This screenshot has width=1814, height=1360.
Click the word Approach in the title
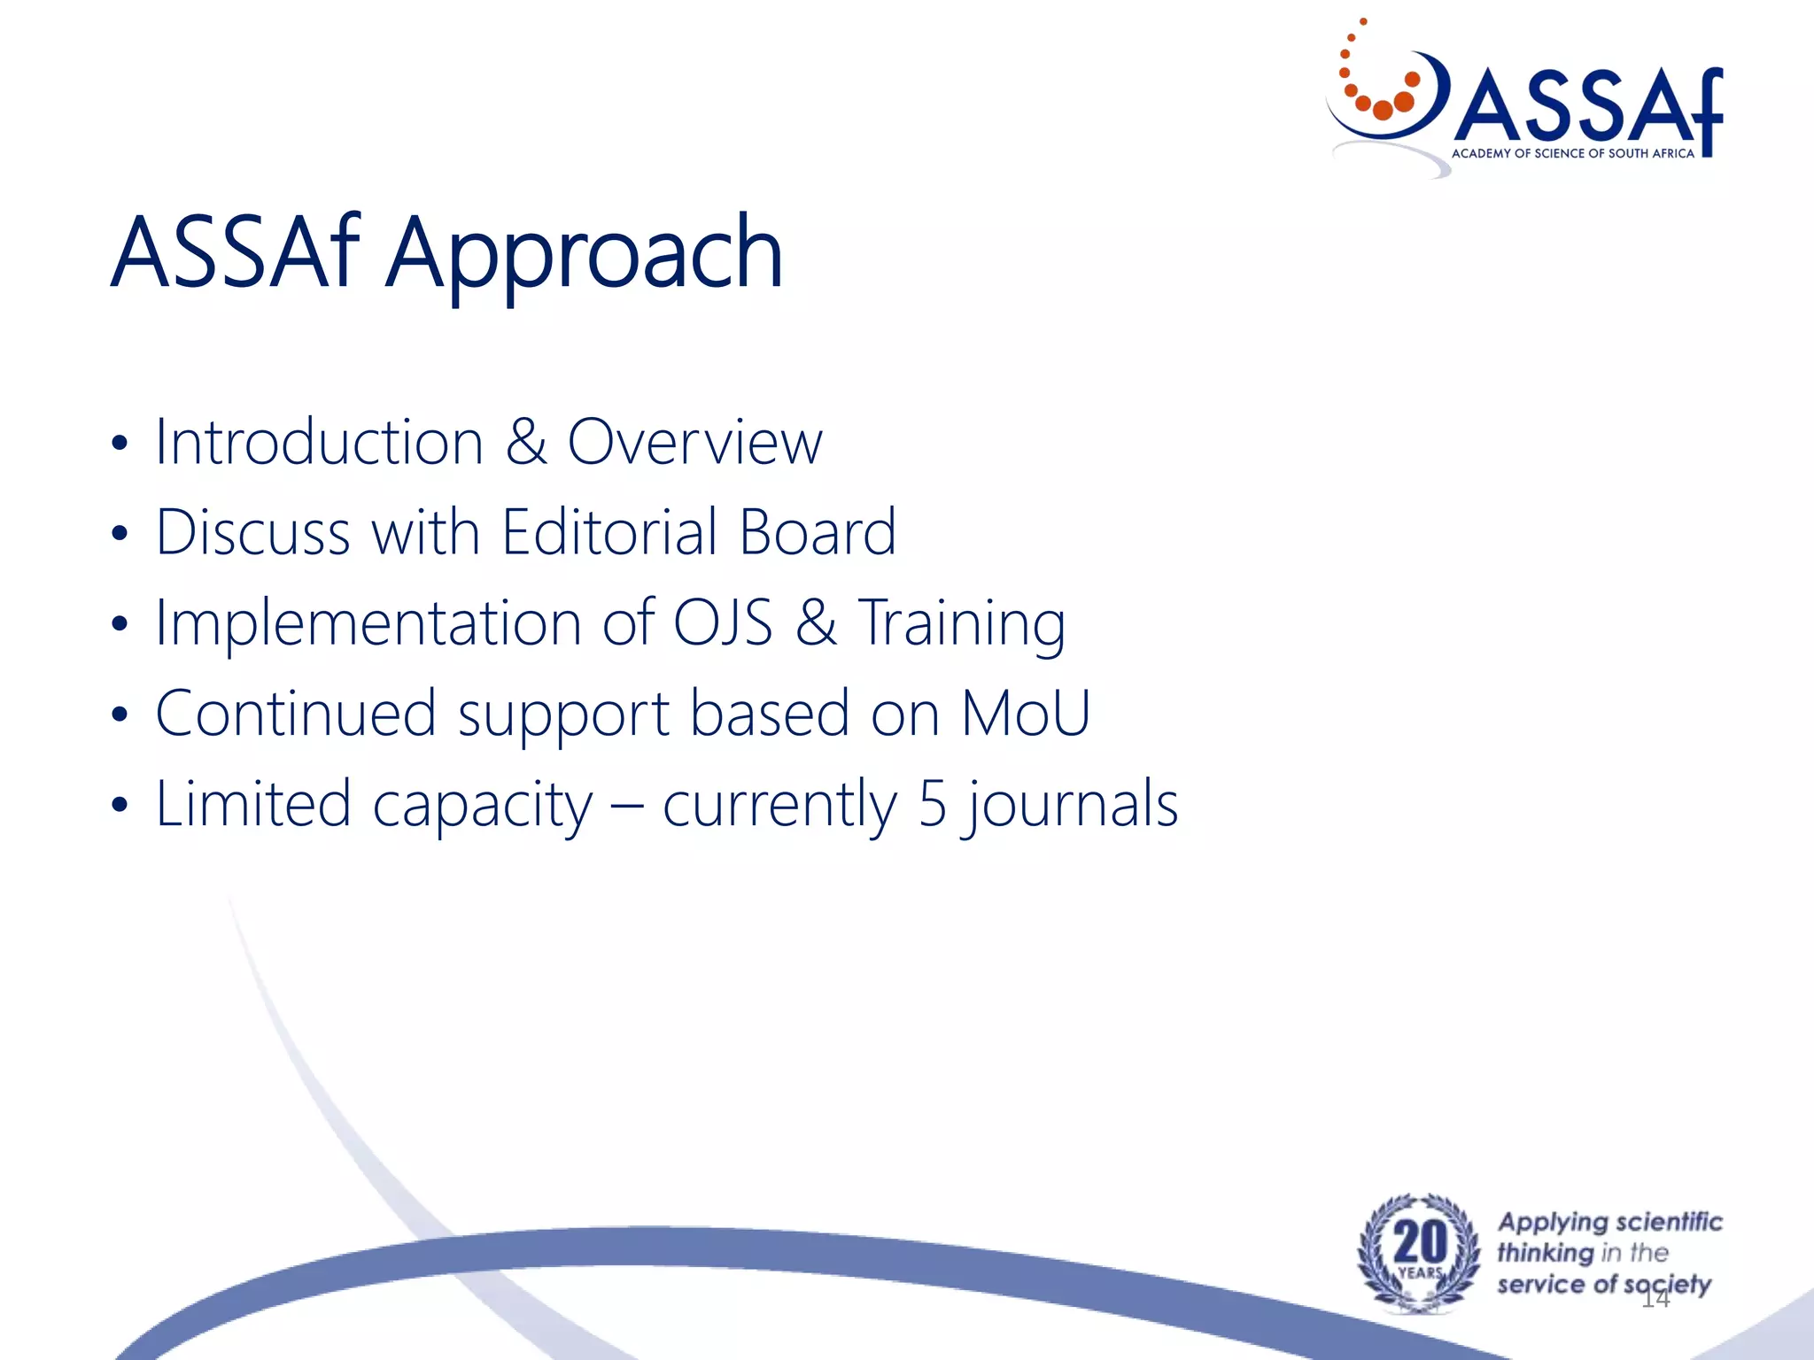585,254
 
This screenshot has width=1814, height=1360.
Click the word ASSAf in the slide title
235,254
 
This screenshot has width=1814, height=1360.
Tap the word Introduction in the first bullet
319,442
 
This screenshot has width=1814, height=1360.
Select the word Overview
695,442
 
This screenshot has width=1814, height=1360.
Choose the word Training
962,624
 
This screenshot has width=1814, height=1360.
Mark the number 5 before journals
933,804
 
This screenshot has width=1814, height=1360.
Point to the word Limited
253,804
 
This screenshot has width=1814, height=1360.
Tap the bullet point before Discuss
120,534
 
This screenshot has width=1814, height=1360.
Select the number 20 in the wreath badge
1420,1242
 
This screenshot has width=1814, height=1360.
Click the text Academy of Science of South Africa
1572,154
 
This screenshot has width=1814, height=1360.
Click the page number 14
1655,1299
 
